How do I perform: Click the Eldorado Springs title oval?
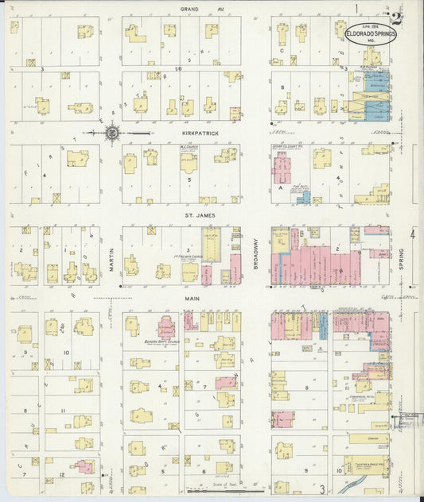[x=370, y=37]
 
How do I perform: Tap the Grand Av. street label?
[x=189, y=9]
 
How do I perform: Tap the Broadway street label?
[x=256, y=257]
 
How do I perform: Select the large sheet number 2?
[x=395, y=17]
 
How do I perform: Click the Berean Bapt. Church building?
[x=165, y=327]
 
